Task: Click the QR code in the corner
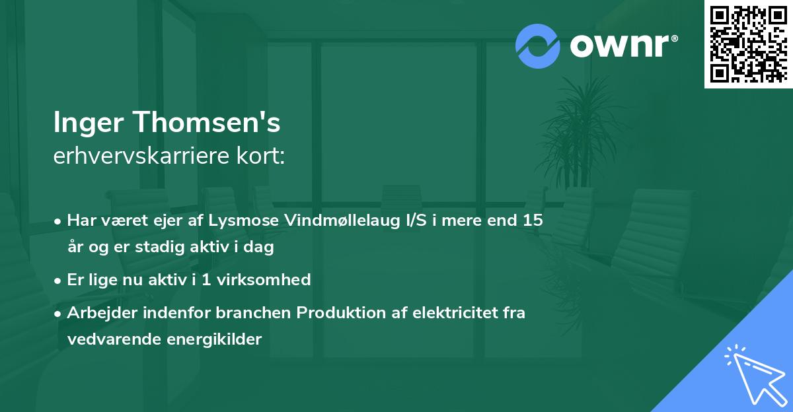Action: click(749, 44)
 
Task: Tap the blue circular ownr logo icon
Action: click(538, 46)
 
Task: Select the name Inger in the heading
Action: click(90, 123)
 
